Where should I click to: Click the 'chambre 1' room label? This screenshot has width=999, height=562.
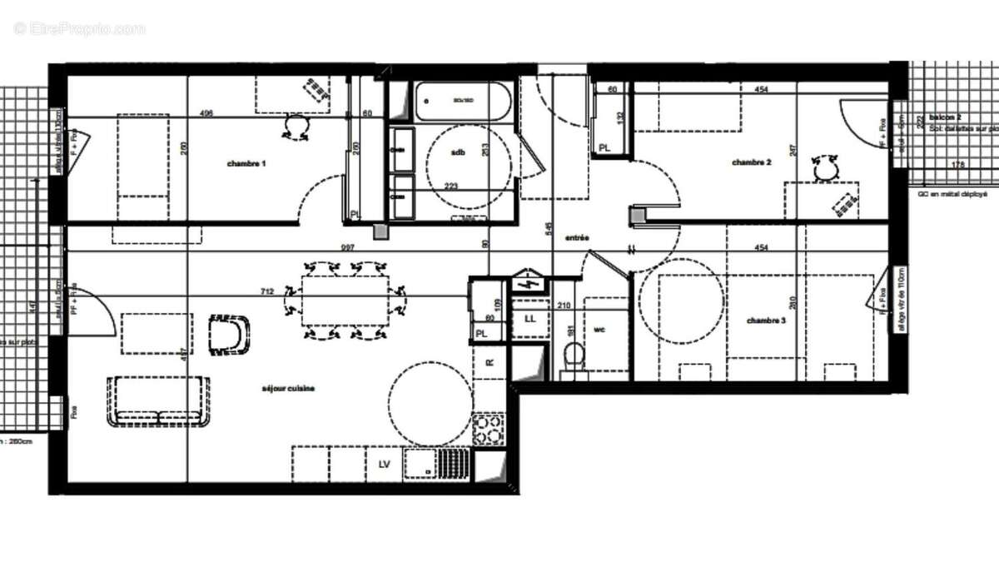[x=246, y=164]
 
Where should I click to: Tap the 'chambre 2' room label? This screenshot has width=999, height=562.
[x=751, y=162]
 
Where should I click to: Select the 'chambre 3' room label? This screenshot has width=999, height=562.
[x=765, y=321]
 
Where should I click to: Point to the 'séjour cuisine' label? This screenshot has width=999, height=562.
[x=287, y=388]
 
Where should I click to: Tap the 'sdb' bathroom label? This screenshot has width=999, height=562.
[x=458, y=153]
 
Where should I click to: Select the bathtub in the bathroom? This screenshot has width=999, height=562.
[x=461, y=101]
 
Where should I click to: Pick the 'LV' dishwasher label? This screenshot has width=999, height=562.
[x=385, y=463]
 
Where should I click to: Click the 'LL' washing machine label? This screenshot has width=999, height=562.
[x=530, y=319]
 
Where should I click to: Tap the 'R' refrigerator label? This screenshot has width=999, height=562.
[x=490, y=363]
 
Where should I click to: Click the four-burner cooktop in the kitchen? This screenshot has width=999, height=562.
[x=489, y=430]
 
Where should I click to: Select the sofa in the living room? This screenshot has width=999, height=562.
[x=157, y=401]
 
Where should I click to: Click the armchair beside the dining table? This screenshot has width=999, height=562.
[x=229, y=334]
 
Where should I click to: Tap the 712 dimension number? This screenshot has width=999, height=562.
[x=267, y=291]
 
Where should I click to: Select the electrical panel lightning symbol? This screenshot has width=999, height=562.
[x=527, y=283]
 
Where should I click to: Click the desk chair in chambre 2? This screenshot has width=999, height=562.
[x=825, y=169]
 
